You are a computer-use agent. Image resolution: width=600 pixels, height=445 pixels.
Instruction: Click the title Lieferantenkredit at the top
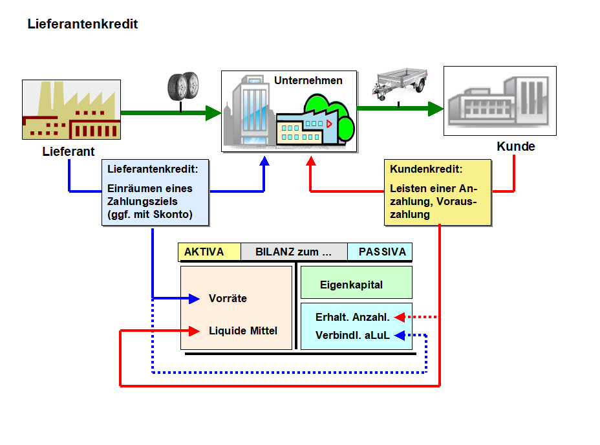(x=83, y=25)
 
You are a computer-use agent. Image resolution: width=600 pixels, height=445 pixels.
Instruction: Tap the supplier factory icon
(x=71, y=109)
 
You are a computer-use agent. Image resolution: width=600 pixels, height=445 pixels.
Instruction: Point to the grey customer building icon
(x=499, y=100)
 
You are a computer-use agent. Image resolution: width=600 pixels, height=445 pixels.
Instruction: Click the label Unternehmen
(x=308, y=81)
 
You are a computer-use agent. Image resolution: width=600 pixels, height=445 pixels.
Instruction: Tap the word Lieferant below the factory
(x=69, y=153)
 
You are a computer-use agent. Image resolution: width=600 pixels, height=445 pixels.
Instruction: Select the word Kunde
(x=515, y=147)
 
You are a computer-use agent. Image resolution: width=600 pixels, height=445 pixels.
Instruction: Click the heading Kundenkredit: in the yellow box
(x=426, y=169)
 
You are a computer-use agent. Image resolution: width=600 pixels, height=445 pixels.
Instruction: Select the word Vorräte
(x=228, y=299)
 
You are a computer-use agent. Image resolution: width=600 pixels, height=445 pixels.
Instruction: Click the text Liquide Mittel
(x=242, y=331)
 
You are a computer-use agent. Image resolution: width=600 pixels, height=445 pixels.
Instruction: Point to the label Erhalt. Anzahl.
(x=352, y=318)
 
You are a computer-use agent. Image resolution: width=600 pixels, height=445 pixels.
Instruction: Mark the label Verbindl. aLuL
(x=352, y=336)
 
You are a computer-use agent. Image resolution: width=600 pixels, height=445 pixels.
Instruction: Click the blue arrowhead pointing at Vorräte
(x=195, y=299)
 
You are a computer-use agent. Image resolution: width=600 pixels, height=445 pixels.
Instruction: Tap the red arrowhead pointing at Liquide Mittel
(x=195, y=331)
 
